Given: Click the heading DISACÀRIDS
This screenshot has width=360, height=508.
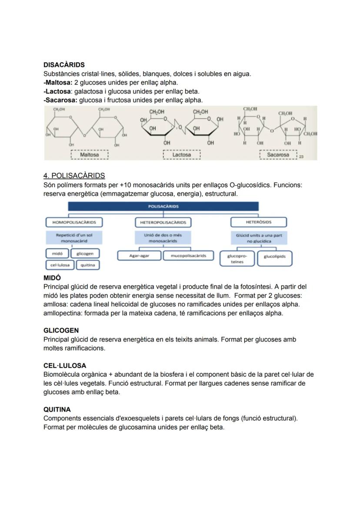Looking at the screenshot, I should coord(64,65).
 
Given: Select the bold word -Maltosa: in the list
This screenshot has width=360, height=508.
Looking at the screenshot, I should coord(58,83).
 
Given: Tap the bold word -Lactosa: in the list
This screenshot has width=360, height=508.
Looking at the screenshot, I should coord(58,91).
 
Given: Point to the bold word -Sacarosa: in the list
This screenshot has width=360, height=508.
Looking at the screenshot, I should coord(60,100).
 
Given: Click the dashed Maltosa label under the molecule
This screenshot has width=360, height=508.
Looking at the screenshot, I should coord(89,155).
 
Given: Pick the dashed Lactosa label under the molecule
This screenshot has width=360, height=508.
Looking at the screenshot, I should coord(181,155).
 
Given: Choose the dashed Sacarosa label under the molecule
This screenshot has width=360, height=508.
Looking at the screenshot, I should coord(278,155).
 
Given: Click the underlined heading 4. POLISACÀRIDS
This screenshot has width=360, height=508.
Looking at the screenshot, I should coord(74,176).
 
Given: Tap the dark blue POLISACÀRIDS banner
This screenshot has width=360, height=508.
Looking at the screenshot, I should coord(163,206).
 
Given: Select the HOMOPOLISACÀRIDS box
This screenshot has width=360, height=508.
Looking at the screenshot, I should coord(74,222).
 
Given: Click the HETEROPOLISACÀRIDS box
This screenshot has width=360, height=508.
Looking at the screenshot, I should coord(163,222).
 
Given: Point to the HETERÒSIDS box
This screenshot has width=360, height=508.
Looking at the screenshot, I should coord(259,222).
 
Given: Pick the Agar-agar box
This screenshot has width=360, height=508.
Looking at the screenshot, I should coord(139,256).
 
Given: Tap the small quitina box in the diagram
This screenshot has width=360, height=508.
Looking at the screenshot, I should coord(88,265).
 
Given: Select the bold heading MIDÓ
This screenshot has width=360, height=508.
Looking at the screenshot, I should coord(52,278).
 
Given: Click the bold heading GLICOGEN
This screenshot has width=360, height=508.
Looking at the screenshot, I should coord(61,331).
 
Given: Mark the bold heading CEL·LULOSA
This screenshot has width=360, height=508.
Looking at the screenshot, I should coord(65,366).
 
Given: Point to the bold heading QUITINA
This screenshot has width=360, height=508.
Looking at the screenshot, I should coord(57,410).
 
